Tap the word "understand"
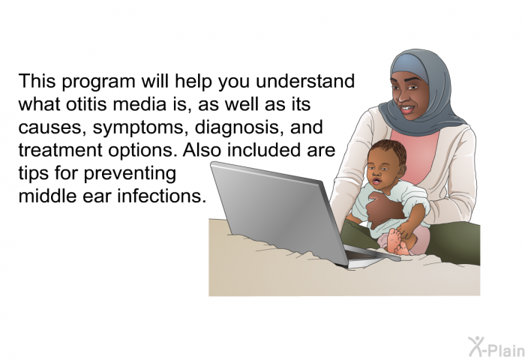305,82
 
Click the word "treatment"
60,150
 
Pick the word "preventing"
130,173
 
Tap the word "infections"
162,195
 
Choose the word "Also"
202,150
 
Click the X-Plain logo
496,347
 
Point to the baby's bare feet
399,241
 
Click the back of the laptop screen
278,211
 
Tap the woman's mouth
407,109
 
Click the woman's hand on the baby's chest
384,208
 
